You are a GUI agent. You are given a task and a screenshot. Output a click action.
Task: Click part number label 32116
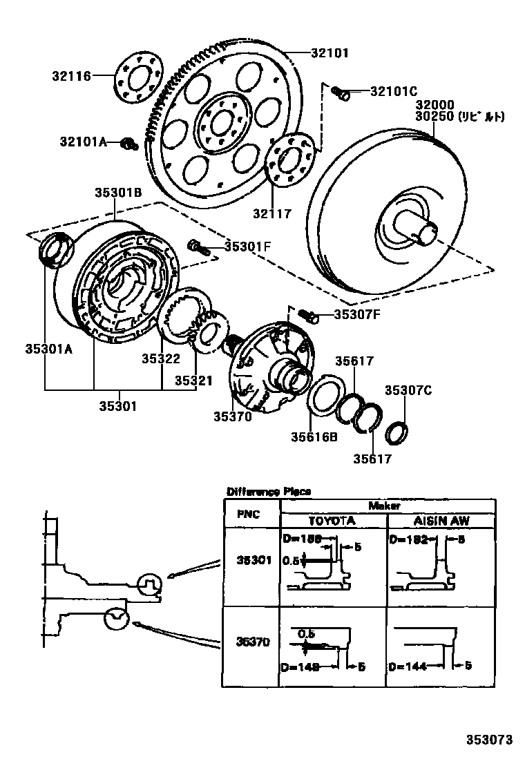tap(72, 76)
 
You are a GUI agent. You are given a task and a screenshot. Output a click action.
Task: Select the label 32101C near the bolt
tap(394, 90)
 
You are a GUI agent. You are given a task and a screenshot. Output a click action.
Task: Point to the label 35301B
tap(119, 193)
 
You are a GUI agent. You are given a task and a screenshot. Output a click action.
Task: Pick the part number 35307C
tap(408, 390)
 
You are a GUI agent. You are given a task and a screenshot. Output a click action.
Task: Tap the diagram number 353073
tap(490, 740)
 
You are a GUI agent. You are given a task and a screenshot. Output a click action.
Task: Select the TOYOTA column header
tap(332, 521)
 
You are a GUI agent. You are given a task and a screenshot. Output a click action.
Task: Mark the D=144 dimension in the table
tap(407, 667)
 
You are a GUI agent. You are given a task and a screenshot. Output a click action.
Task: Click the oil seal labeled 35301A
tap(55, 250)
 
